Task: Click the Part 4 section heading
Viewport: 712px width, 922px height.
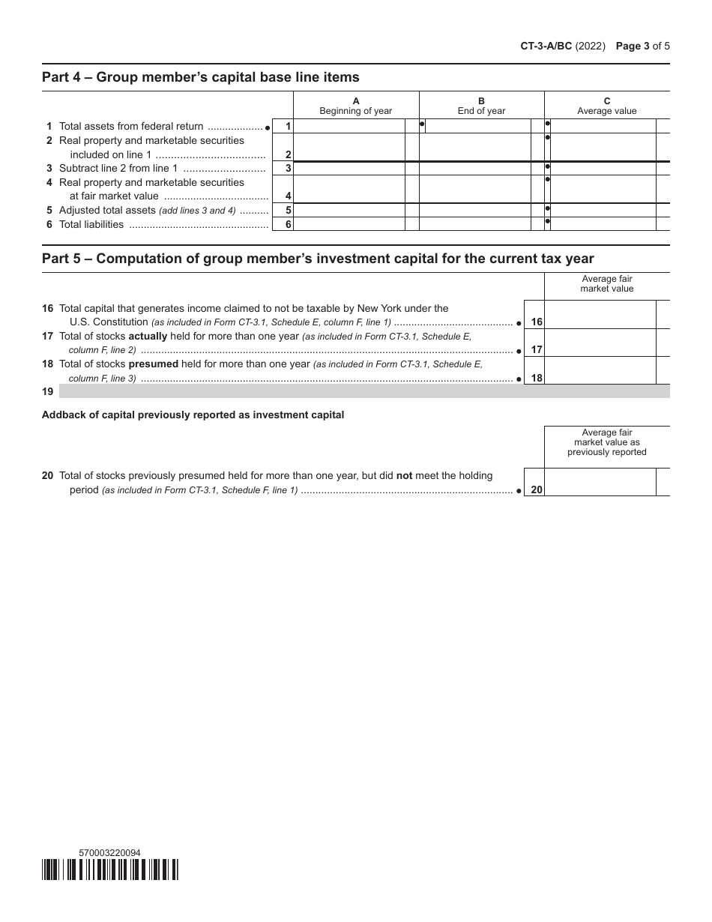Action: [x=201, y=77]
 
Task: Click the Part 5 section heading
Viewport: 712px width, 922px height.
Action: [x=318, y=259]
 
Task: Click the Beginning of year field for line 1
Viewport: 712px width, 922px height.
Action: [x=349, y=126]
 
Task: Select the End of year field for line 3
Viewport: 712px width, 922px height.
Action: [x=474, y=169]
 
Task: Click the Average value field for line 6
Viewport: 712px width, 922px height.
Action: [x=603, y=224]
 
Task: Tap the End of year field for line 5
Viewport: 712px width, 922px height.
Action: [x=474, y=211]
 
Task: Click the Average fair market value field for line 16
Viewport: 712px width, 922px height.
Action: [x=600, y=315]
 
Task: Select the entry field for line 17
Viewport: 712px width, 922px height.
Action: [x=600, y=343]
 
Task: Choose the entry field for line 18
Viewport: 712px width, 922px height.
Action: [x=600, y=370]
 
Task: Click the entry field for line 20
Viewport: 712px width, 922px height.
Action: [x=600, y=482]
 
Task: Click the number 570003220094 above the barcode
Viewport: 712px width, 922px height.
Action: [x=109, y=852]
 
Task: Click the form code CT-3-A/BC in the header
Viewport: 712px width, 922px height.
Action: [x=546, y=46]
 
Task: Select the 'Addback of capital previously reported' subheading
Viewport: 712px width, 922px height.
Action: [x=193, y=415]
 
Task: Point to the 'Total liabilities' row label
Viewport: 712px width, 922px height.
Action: [x=91, y=224]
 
